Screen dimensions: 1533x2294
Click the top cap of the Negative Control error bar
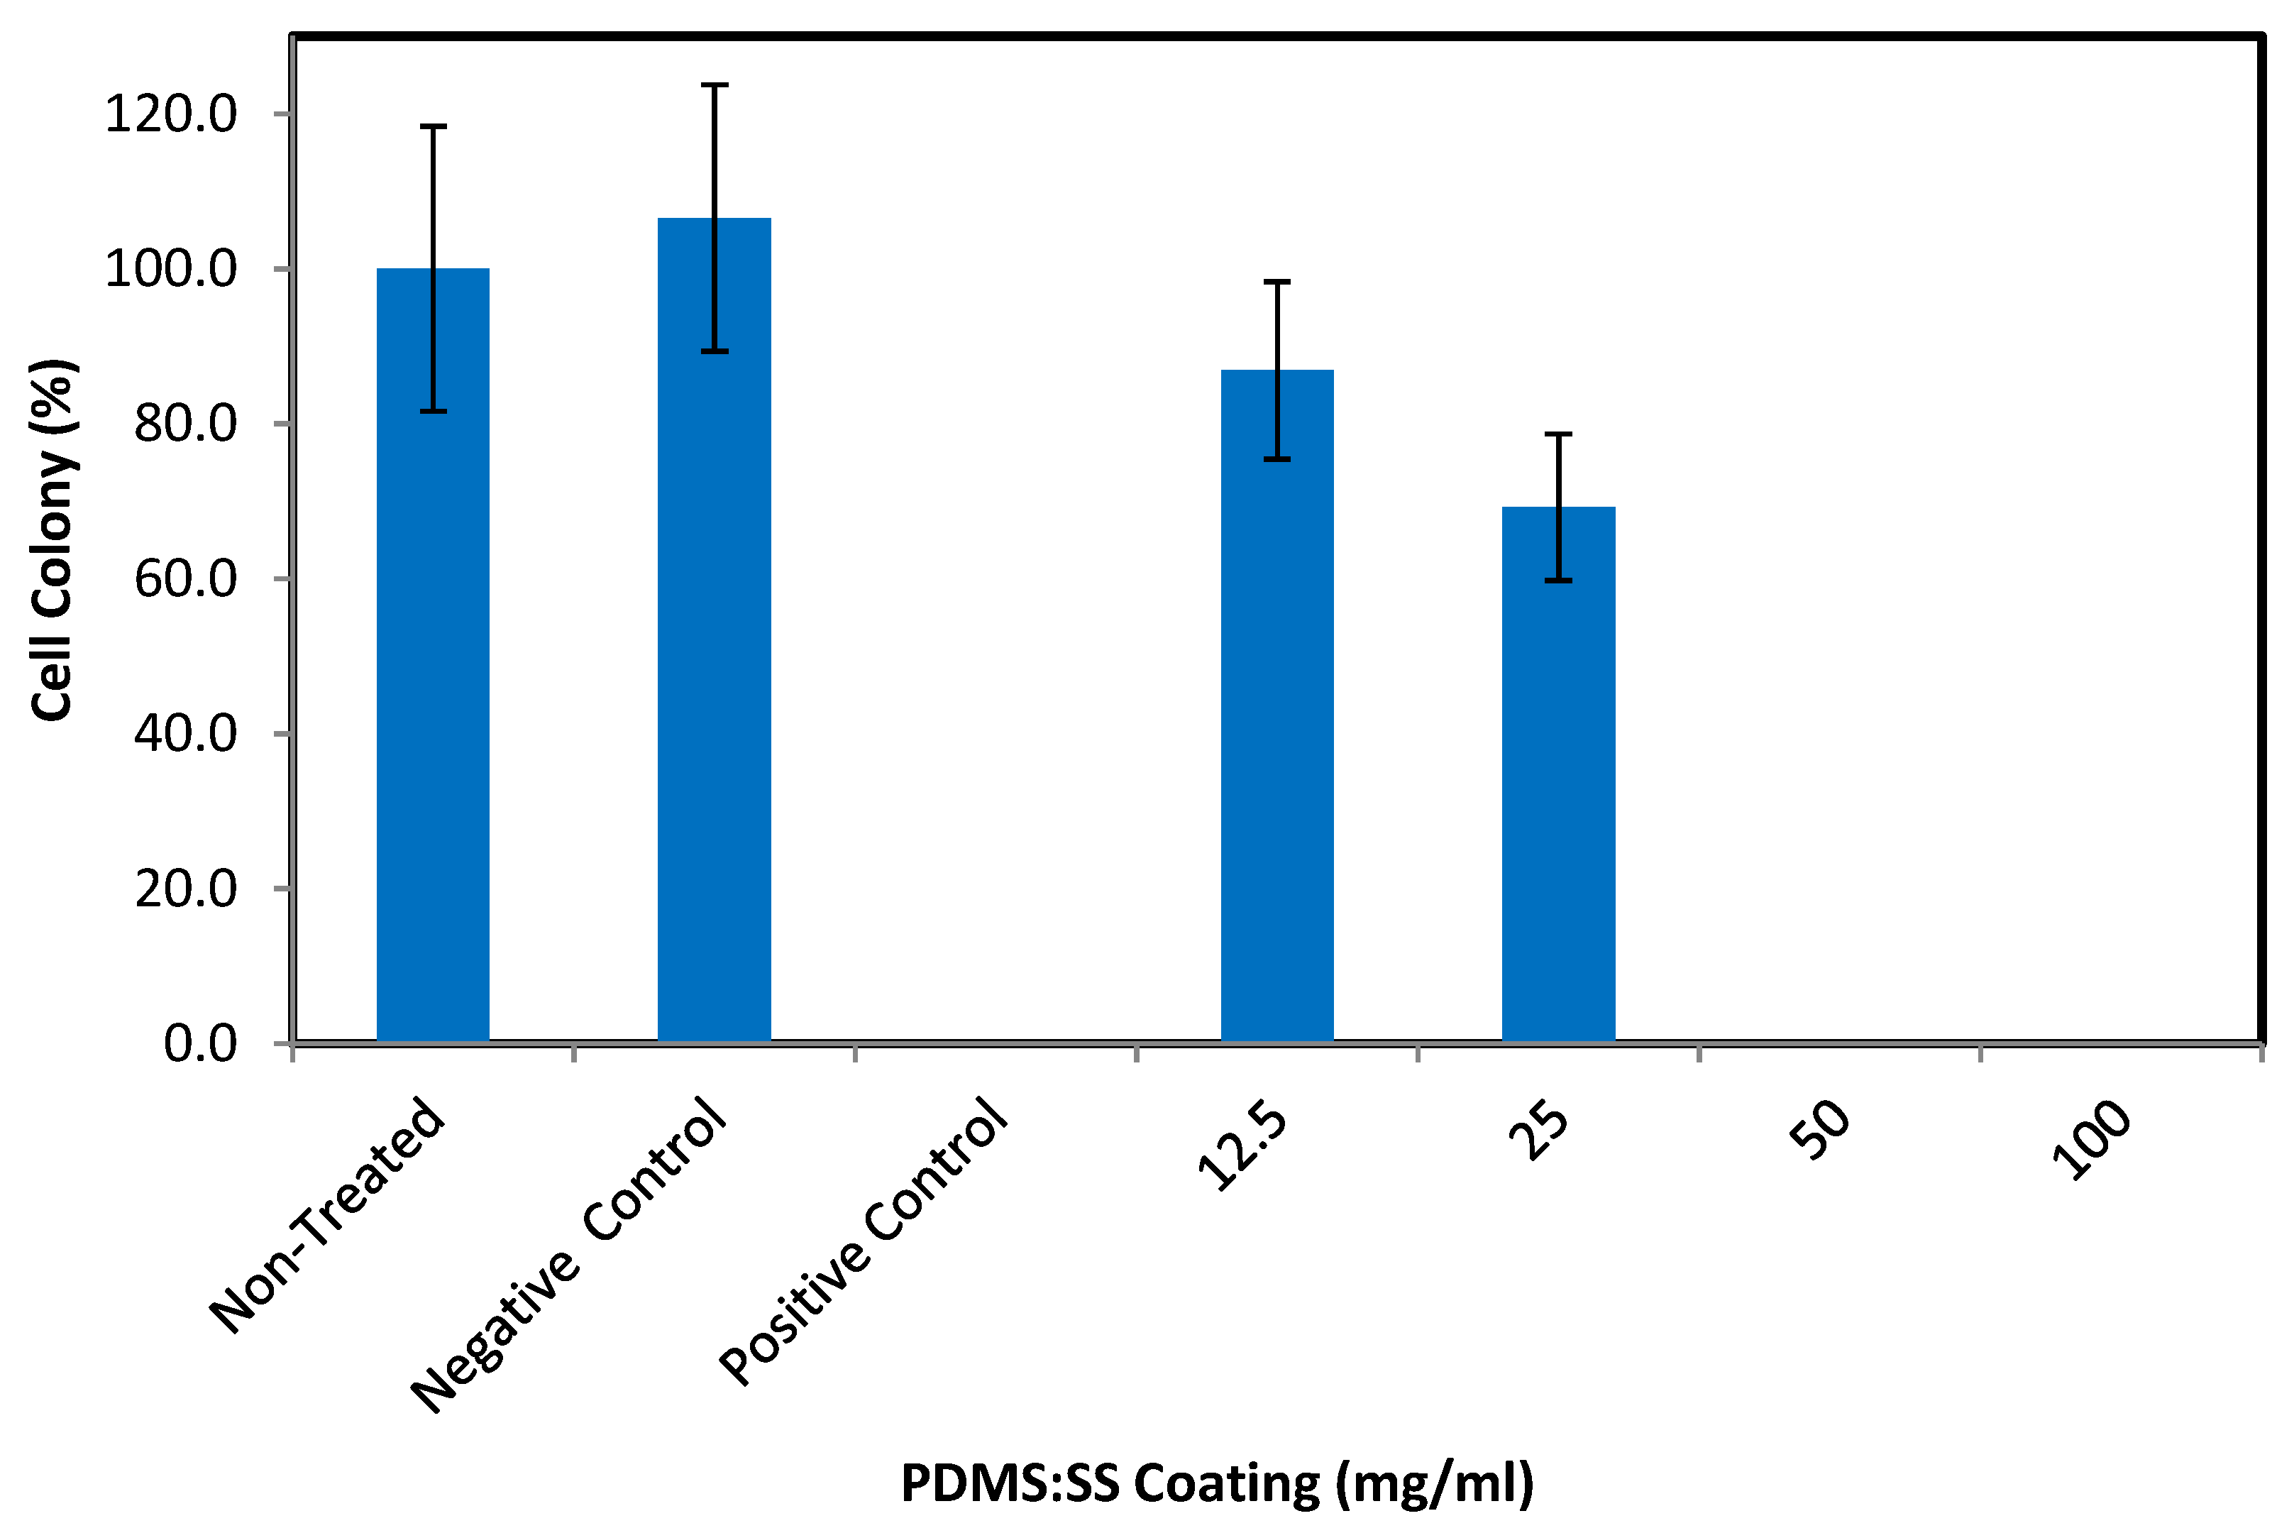[715, 86]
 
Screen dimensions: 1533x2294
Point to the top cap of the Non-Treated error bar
[433, 127]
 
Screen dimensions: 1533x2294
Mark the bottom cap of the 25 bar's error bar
[1558, 581]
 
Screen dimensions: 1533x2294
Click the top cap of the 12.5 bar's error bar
[1276, 282]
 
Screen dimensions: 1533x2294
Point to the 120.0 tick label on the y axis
[171, 114]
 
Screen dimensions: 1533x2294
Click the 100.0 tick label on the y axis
[171, 269]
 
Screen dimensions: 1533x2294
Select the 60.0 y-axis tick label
[186, 579]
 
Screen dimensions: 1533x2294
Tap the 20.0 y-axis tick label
[186, 889]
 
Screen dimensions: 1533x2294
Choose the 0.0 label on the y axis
[200, 1044]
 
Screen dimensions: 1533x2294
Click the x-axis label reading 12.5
[1243, 1145]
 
